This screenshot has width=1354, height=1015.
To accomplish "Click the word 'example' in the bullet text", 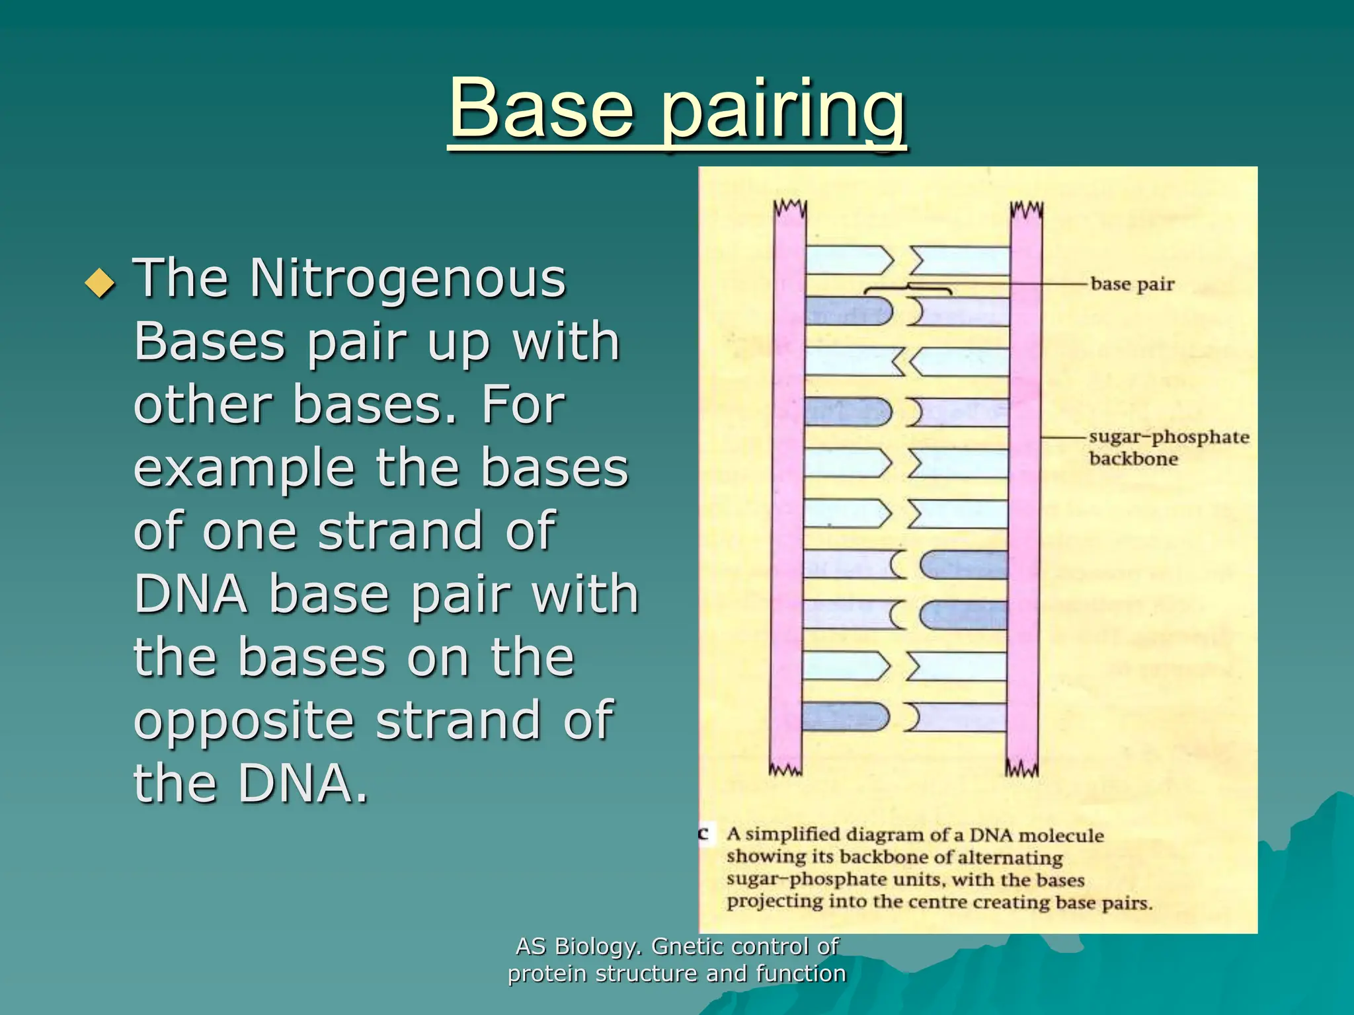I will click(244, 469).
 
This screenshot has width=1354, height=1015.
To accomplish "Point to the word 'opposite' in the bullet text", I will click(244, 721).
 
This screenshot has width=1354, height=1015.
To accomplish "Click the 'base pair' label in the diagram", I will click(1132, 284).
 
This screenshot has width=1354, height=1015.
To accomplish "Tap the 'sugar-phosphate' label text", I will click(1169, 437).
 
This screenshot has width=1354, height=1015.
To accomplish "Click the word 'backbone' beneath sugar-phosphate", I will click(1133, 459).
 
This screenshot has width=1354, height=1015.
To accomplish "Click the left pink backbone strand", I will click(787, 489).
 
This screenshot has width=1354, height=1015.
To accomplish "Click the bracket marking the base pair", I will click(908, 289).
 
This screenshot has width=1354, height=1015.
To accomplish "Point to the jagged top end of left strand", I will click(790, 207).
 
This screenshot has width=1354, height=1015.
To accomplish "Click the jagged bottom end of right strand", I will click(1022, 769).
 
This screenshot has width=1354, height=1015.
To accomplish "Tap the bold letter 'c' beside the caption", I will click(704, 833).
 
